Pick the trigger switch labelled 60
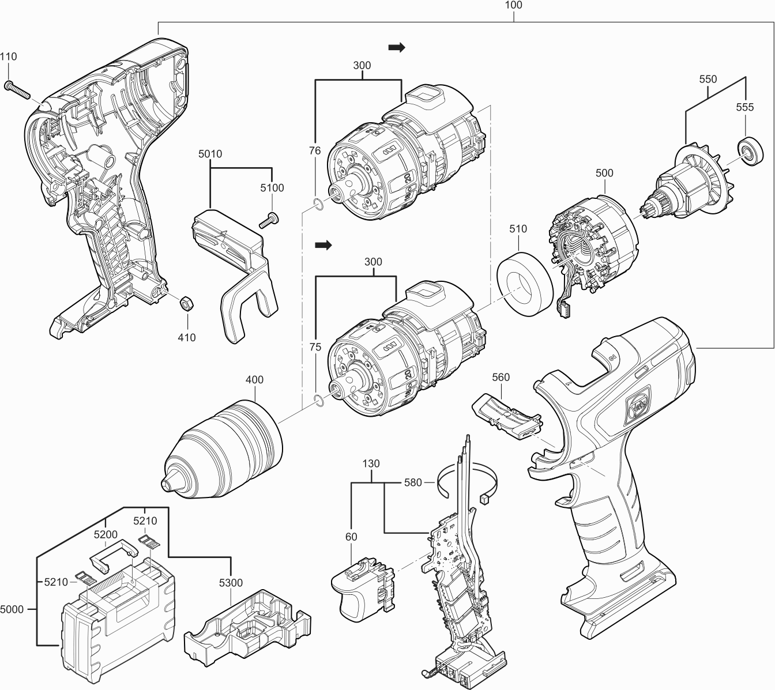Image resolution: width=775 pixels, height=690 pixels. (362, 590)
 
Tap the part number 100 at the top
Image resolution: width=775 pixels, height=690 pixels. (513, 5)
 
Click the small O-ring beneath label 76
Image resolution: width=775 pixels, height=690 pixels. (315, 203)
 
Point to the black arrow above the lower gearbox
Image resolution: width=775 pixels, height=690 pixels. (323, 245)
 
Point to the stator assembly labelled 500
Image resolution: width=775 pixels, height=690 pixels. (594, 242)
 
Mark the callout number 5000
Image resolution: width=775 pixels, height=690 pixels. (13, 609)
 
